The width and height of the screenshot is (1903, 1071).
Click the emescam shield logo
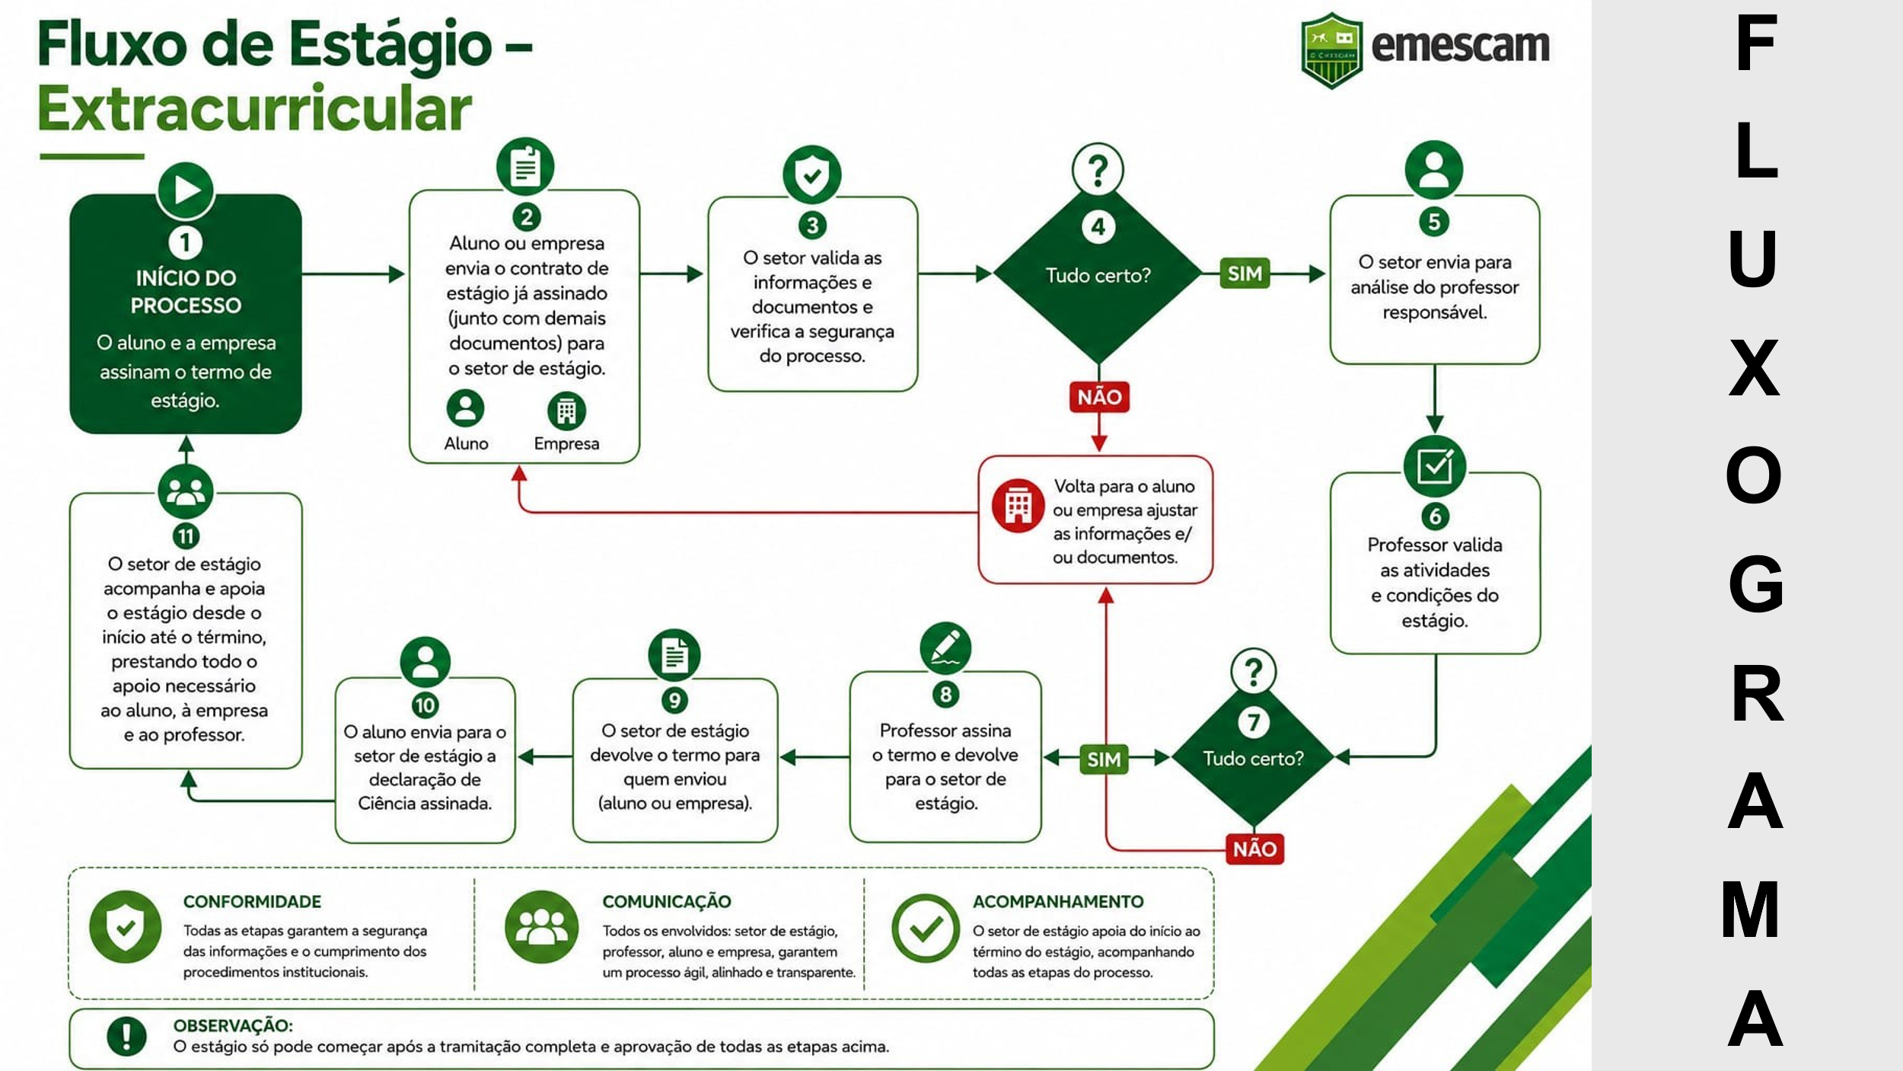[x=1331, y=50]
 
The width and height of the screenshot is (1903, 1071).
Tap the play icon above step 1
[x=186, y=190]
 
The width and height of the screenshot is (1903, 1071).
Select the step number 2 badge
[x=526, y=217]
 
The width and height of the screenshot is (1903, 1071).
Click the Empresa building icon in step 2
[x=566, y=411]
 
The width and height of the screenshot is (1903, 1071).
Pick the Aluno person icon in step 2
[x=465, y=408]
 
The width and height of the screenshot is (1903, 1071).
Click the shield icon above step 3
[x=812, y=174]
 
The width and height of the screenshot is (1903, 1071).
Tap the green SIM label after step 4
[x=1245, y=273]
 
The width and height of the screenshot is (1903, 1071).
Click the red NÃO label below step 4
[x=1099, y=397]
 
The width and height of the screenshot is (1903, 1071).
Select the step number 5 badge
[x=1434, y=222]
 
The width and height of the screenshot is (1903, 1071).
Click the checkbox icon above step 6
[x=1435, y=466]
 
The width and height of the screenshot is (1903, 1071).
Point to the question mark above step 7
[x=1253, y=671]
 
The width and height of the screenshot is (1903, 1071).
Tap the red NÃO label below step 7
[x=1254, y=849]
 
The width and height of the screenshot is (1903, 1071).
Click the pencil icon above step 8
[x=945, y=648]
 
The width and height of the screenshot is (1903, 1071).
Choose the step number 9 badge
[x=674, y=700]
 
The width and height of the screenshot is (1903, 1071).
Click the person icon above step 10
[x=425, y=662]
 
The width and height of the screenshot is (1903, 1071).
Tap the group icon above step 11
[x=186, y=491]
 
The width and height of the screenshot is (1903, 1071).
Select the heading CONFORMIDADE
[x=252, y=901]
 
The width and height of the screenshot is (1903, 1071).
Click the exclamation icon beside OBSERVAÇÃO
[x=126, y=1036]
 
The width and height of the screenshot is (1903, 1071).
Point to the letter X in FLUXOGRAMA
[x=1755, y=368]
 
